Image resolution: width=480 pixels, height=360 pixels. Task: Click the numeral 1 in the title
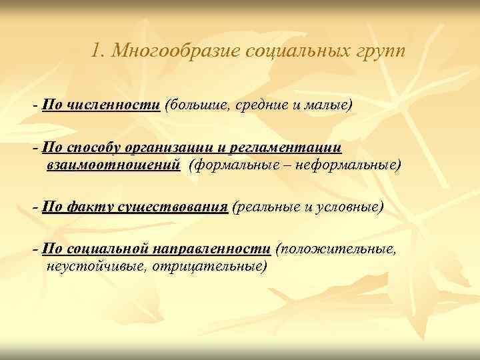97,50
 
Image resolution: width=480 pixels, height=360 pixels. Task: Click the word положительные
338,249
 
